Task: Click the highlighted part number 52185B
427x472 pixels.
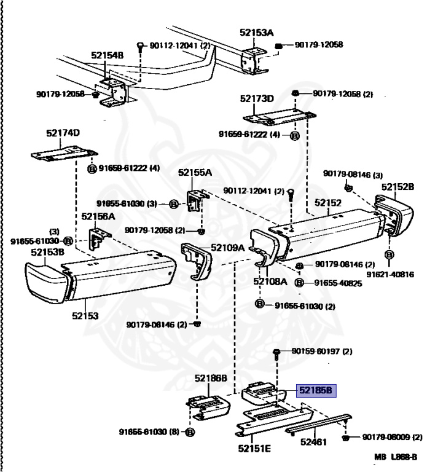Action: (316, 390)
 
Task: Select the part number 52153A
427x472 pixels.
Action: (257, 33)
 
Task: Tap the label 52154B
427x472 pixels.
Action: (108, 55)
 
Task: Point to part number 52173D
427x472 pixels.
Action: (257, 98)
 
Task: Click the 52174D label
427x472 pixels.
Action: (63, 133)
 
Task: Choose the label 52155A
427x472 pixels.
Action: (194, 173)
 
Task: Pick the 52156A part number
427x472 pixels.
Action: (98, 216)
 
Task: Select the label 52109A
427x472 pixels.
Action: (227, 248)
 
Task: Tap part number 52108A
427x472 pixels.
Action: (270, 281)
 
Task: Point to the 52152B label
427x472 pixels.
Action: (398, 186)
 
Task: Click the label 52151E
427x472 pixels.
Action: (254, 448)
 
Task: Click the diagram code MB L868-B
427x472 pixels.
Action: (396, 457)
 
